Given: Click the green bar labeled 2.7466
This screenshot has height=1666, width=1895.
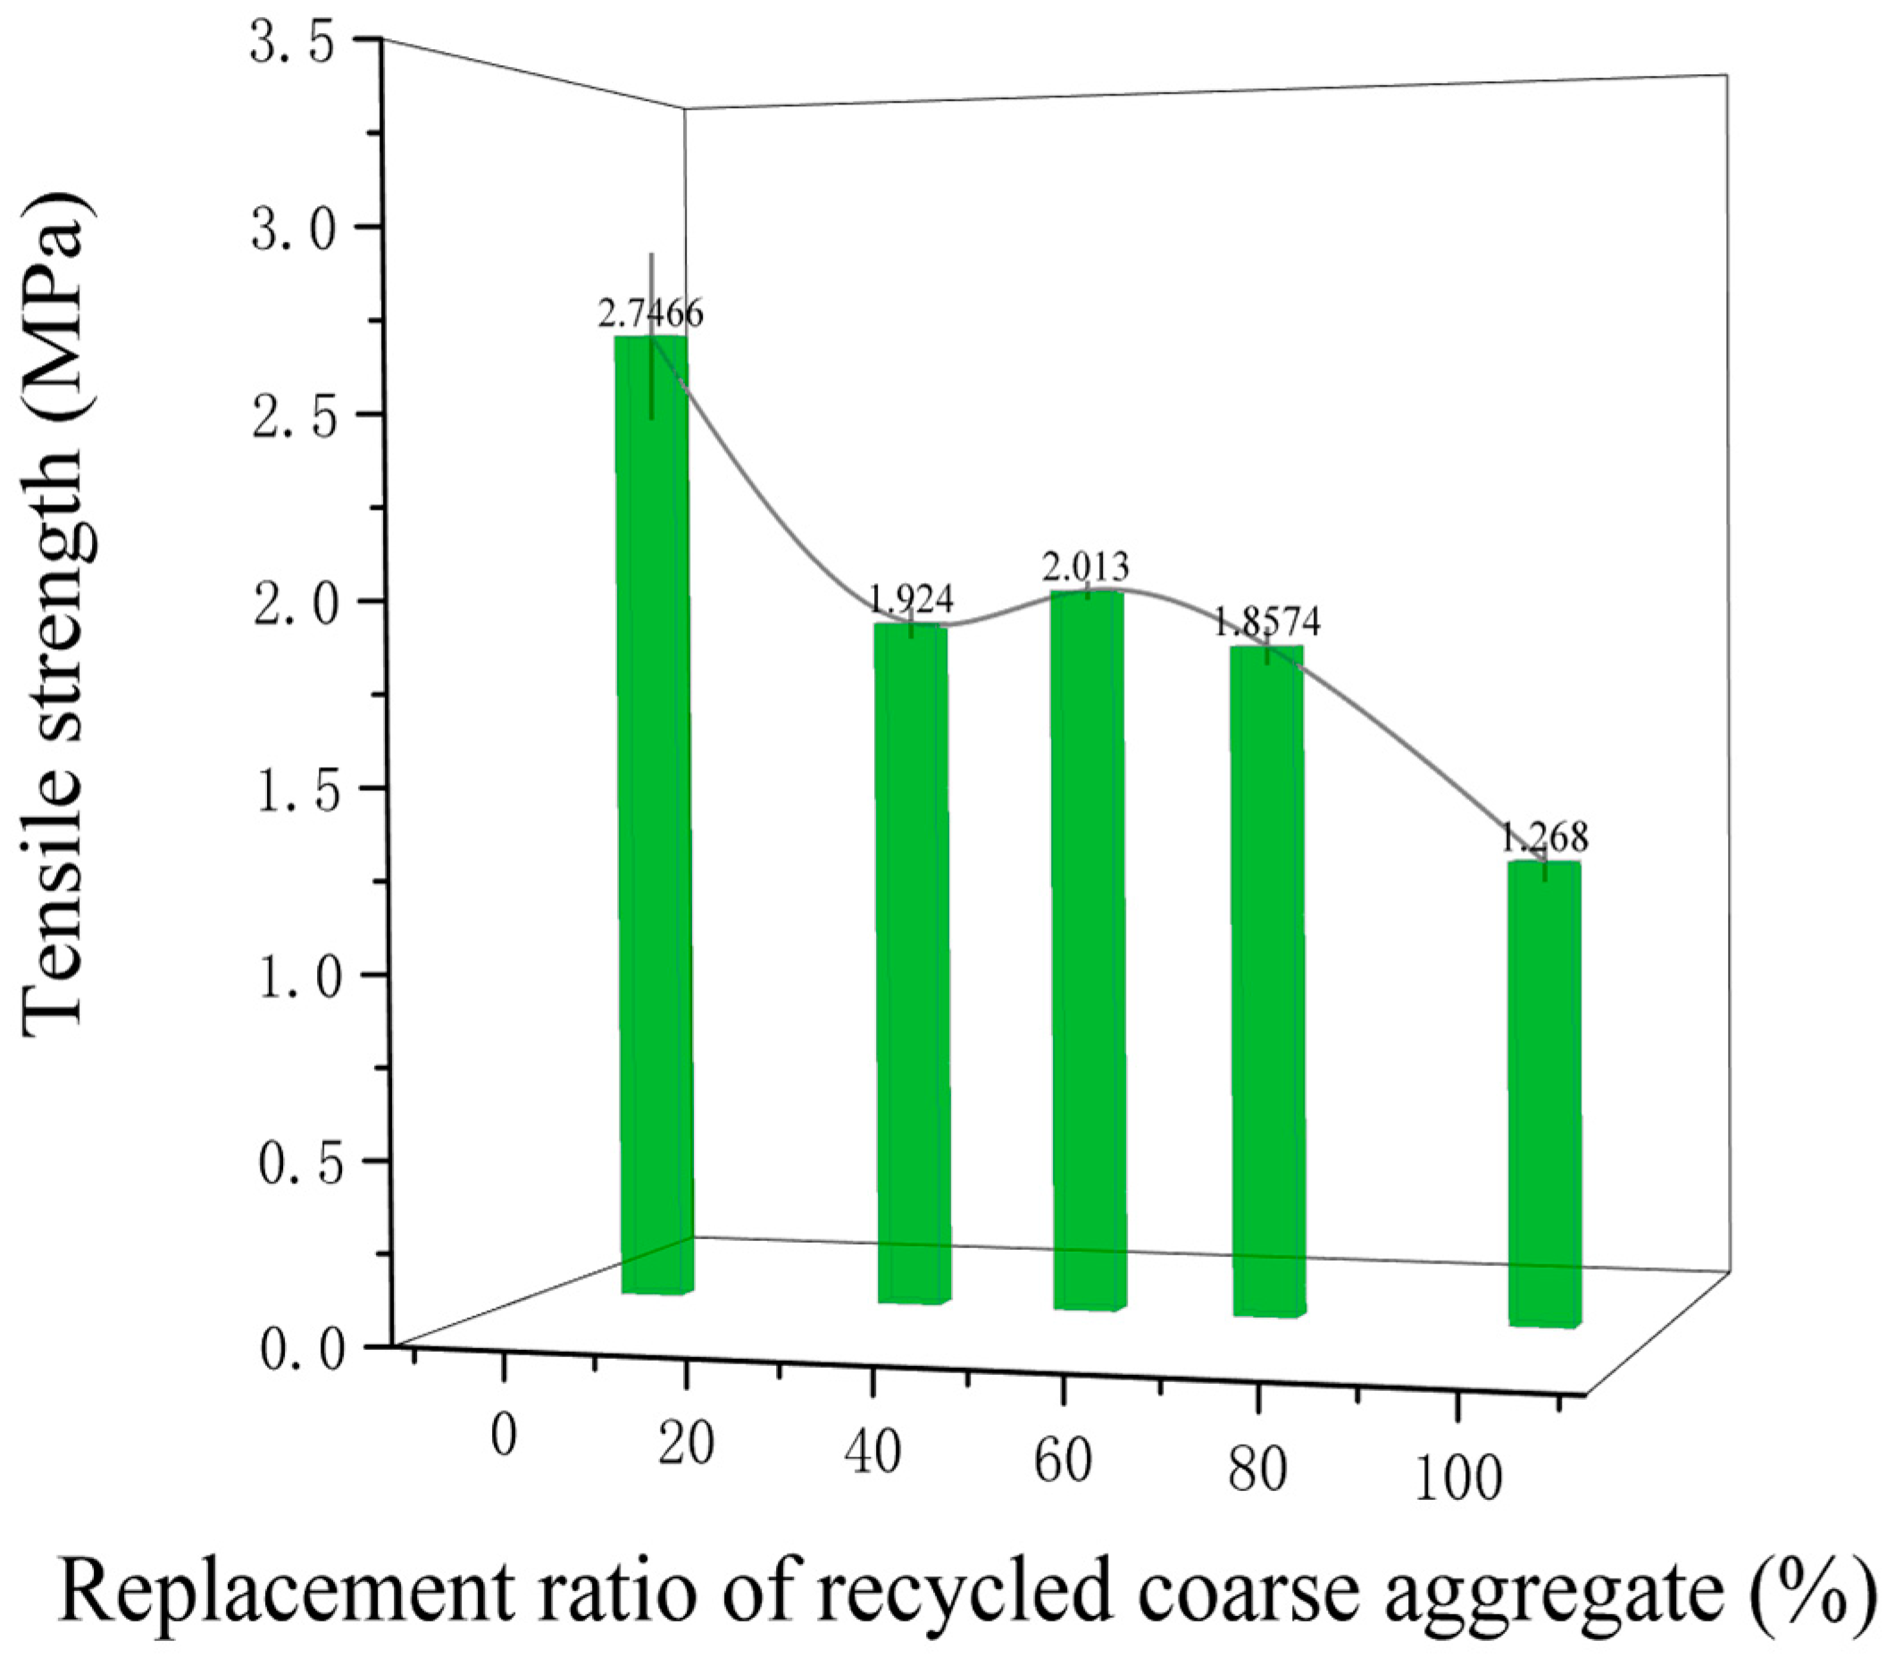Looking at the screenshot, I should tap(654, 816).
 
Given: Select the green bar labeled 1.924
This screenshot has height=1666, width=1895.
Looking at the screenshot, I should tap(913, 964).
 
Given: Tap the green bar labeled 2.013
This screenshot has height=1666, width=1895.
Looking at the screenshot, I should tap(1089, 950).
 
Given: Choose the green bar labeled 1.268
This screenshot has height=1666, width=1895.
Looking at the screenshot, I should tap(1544, 1094).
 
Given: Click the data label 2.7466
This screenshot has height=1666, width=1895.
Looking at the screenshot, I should tap(650, 314).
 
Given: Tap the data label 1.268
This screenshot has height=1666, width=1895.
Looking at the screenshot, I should tap(1544, 837).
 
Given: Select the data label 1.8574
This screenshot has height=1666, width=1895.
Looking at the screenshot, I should tap(1267, 621).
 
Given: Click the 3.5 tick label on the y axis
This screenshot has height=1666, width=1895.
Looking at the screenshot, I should tap(292, 45).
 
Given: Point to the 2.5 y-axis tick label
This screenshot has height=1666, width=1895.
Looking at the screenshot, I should tap(292, 419).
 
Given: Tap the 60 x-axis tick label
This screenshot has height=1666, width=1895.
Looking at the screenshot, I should tap(1063, 1462).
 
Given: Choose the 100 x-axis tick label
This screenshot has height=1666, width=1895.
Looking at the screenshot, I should tap(1458, 1478).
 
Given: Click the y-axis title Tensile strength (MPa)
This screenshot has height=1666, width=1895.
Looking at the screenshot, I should tap(57, 612).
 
